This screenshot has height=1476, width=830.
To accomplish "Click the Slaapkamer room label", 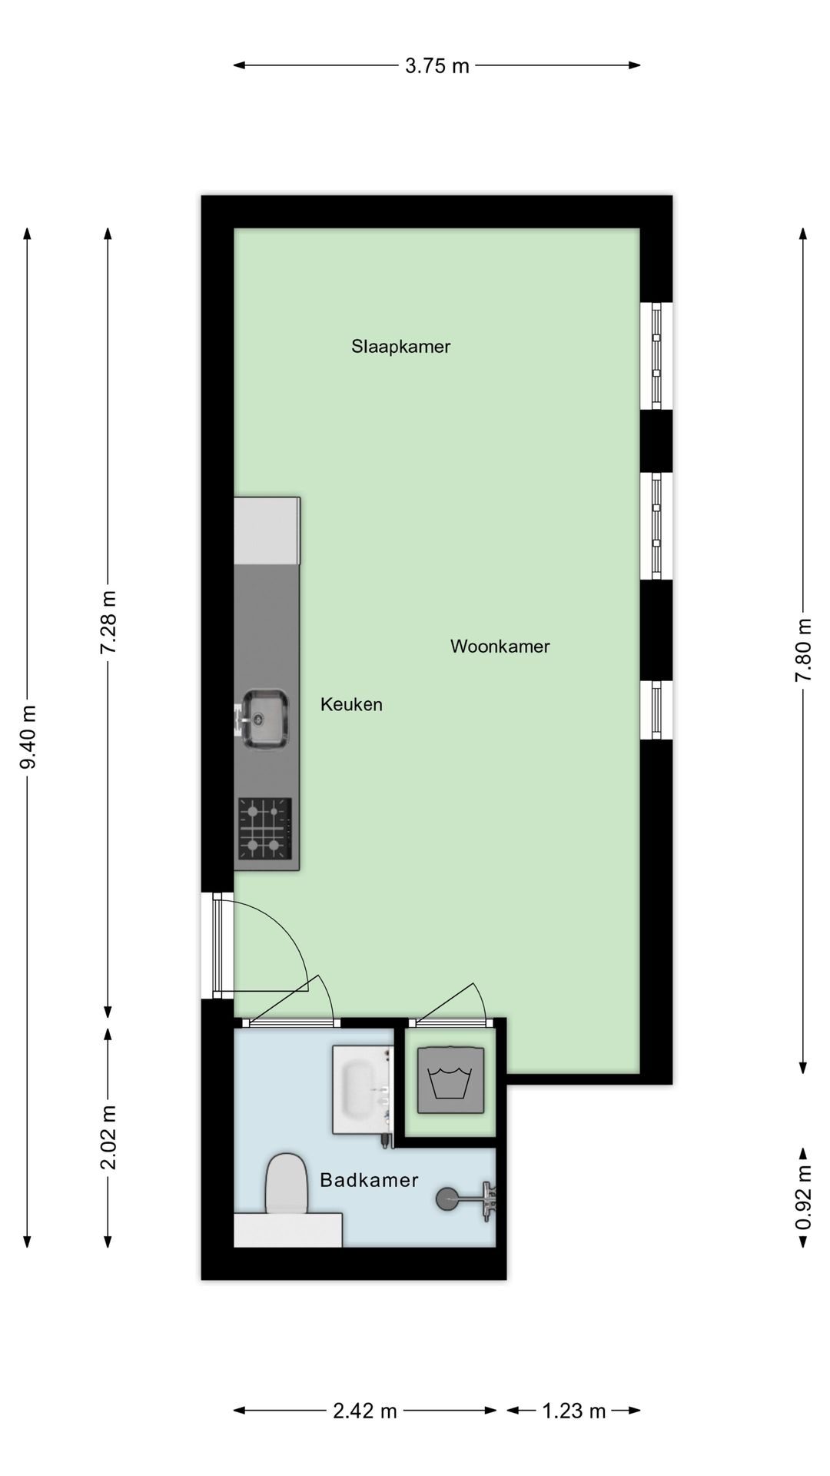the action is (x=400, y=346).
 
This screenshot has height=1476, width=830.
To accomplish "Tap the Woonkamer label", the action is (x=500, y=646).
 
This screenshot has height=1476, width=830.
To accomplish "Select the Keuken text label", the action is (x=351, y=704).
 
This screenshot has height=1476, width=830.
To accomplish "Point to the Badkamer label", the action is (x=369, y=1180).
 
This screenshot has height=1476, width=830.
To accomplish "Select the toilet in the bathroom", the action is (x=286, y=1185).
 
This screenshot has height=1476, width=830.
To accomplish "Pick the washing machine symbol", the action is (x=450, y=1079).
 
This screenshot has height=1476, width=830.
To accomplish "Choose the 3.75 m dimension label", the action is (x=437, y=65).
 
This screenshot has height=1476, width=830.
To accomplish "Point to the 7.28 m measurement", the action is (x=108, y=622).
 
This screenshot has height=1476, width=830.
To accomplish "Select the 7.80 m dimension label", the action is (x=803, y=650).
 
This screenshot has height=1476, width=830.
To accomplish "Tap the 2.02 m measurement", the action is (x=108, y=1137).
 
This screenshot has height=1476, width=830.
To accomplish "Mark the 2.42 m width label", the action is (x=365, y=1411).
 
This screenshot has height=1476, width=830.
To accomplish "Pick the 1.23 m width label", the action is (x=574, y=1411).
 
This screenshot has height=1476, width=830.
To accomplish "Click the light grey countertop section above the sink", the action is (x=267, y=530).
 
